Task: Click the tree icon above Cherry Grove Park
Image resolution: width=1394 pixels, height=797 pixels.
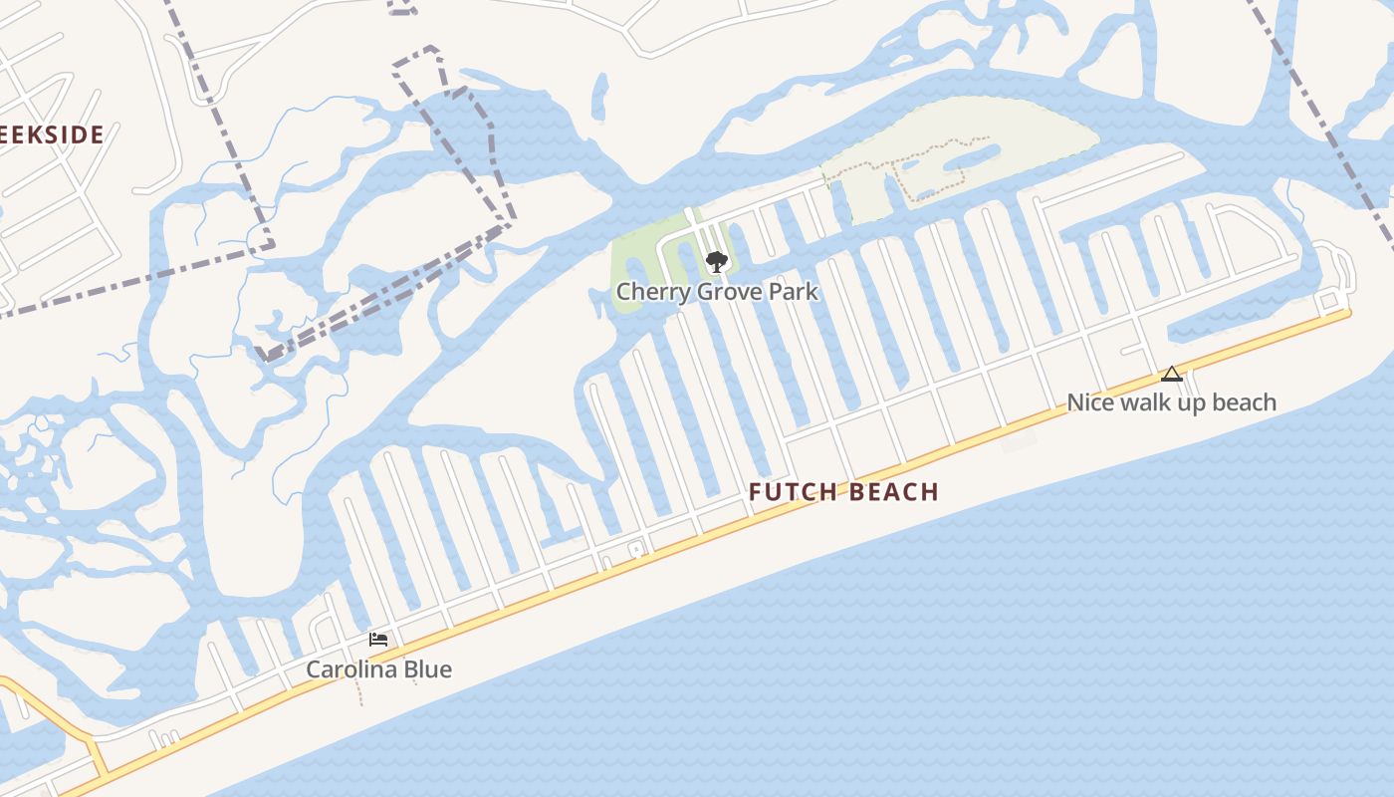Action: [x=716, y=263]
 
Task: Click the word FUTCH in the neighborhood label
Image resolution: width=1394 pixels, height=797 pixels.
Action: [x=793, y=492]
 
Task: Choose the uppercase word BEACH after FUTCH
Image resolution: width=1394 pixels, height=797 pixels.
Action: [x=894, y=492]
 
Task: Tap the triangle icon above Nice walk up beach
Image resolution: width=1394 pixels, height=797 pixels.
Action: [x=1172, y=375]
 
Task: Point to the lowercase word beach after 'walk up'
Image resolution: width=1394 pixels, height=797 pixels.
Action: [x=1242, y=402]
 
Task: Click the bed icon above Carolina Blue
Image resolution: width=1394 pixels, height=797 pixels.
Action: [x=378, y=640]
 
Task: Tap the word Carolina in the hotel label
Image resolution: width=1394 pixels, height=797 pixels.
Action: [x=351, y=669]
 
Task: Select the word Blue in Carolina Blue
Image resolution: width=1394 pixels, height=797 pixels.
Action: [x=428, y=669]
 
